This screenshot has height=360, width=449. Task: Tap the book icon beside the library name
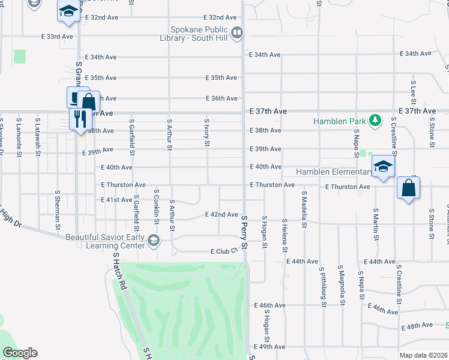(x=237, y=32)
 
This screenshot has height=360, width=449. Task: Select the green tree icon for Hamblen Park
(x=375, y=121)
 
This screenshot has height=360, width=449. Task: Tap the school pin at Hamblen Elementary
(x=382, y=167)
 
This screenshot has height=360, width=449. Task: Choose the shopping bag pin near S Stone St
(x=408, y=188)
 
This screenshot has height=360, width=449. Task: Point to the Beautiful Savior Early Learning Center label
(x=105, y=241)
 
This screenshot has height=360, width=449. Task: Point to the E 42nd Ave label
(x=221, y=214)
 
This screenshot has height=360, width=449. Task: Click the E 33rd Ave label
(x=57, y=37)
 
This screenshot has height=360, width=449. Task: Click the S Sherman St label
(x=58, y=210)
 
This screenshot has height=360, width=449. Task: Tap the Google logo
(x=19, y=353)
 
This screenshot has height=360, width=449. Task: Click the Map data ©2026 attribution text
(x=424, y=355)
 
